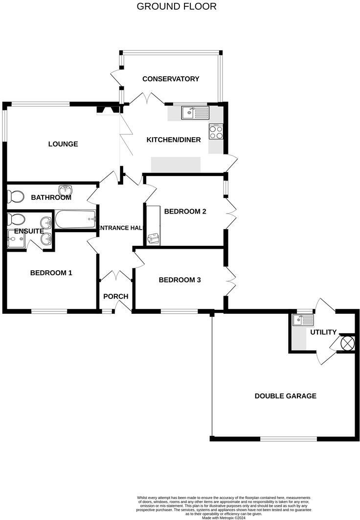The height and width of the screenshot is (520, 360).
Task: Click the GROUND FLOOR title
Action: coord(176,6)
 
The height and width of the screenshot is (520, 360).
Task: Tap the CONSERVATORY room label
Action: coord(171,79)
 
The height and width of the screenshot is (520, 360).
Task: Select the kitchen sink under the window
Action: coord(195,113)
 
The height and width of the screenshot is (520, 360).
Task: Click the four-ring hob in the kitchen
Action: coord(216,131)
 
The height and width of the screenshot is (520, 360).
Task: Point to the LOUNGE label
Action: coord(63,144)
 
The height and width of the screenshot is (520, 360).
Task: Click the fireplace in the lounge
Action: coord(106,110)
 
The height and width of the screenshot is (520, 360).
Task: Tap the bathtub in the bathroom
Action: coord(74,219)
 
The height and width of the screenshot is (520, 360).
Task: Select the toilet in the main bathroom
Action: coord(16,197)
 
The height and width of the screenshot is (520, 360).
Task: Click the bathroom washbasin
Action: coord(66,190)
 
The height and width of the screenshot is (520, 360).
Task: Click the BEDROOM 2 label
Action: coord(185,211)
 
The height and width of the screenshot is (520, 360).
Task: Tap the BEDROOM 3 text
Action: coord(180,280)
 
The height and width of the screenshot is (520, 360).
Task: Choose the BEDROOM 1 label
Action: coord(51,273)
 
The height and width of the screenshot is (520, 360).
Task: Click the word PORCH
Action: coord(116,296)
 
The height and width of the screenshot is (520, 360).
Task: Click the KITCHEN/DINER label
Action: coord(174,140)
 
